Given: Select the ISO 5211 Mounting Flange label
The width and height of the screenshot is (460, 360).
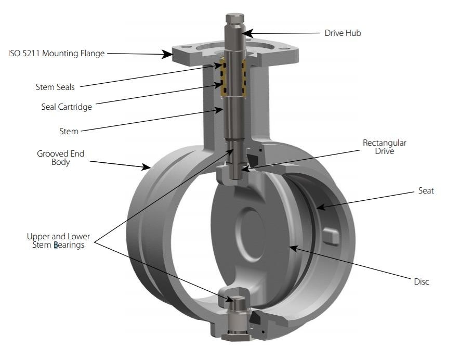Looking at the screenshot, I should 56,53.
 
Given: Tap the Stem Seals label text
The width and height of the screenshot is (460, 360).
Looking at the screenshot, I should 55,87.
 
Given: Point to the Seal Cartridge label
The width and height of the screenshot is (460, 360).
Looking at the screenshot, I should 67,107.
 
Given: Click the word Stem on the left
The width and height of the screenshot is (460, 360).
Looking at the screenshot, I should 69,131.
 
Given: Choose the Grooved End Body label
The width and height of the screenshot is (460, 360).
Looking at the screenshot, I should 60,158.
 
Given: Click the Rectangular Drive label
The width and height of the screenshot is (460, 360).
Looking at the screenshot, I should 385,147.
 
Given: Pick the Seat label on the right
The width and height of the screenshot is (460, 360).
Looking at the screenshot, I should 426,191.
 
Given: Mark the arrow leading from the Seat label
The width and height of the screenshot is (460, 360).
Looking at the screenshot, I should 364,199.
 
